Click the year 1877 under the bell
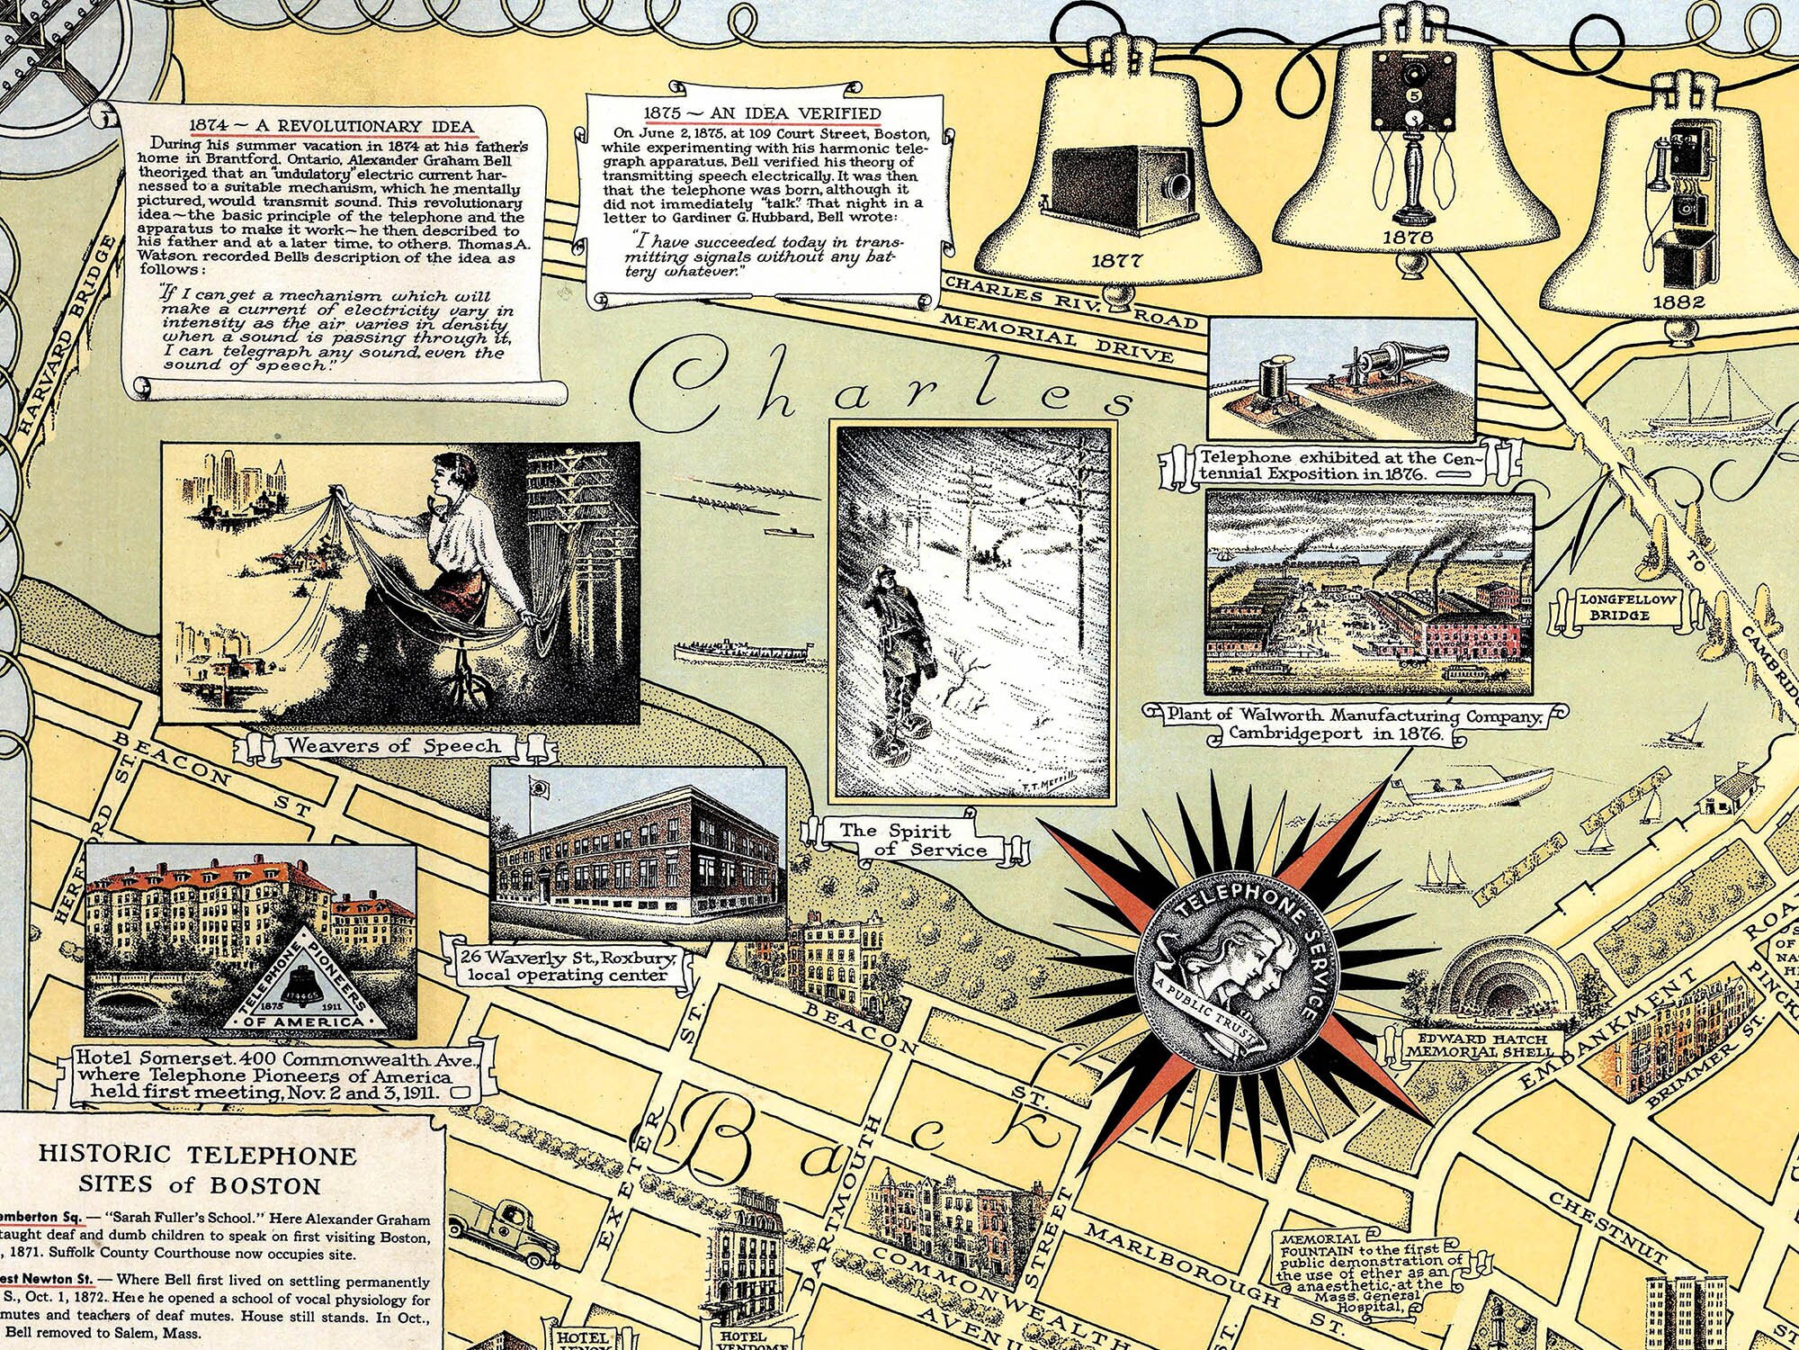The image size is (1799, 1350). [1116, 261]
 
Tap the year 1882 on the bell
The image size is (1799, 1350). [1678, 302]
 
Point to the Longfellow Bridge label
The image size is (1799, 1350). [1618, 607]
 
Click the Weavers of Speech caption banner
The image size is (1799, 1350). [393, 745]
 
